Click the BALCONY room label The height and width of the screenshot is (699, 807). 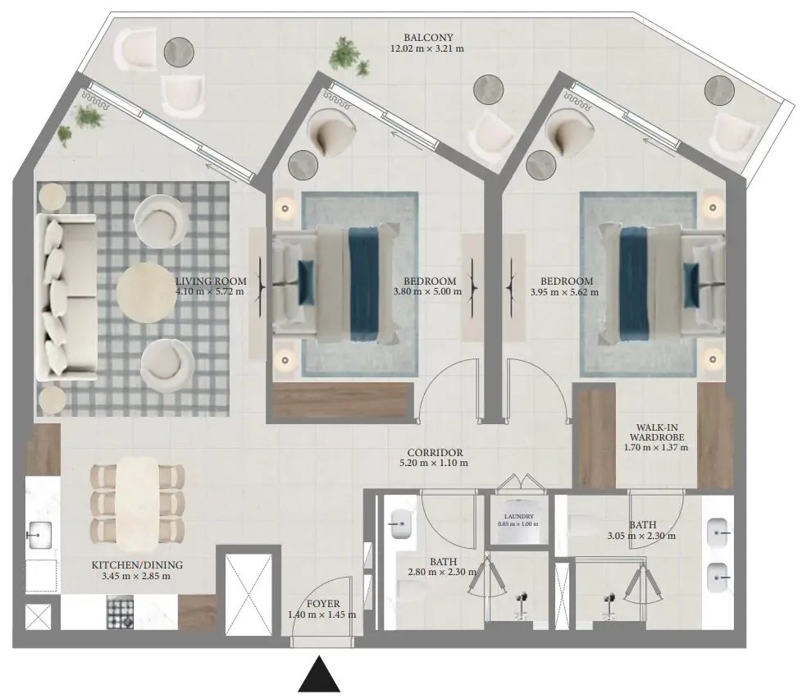point(428,38)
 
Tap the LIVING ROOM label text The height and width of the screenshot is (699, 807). point(211,281)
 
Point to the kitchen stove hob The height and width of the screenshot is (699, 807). point(120,612)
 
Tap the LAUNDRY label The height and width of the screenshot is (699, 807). point(519,516)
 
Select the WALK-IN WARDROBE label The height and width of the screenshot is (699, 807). point(657,432)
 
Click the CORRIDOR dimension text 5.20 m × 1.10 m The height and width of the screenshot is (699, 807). point(434,463)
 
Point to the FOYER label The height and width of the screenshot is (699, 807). point(322,604)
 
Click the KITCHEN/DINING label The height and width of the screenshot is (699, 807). point(137,565)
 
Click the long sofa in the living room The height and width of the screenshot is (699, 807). point(66,297)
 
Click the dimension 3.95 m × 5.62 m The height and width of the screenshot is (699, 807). point(564,292)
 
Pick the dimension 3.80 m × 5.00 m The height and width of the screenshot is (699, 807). point(427,292)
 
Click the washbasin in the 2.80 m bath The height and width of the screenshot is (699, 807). point(401,524)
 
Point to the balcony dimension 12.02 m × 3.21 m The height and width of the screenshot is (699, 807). point(427,49)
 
